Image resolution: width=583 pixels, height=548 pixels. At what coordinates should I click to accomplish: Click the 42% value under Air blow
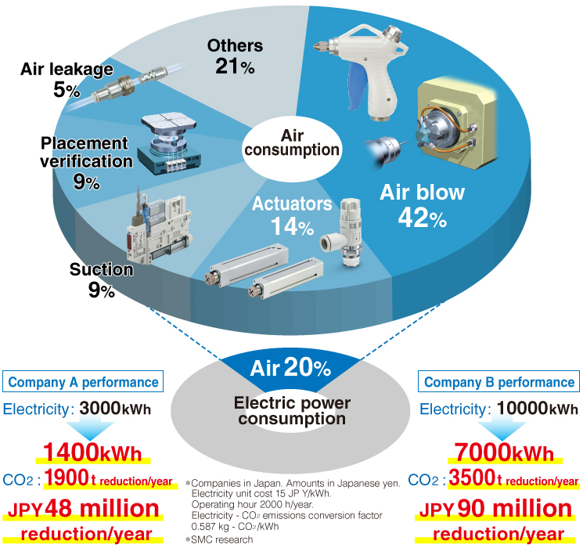click(423, 218)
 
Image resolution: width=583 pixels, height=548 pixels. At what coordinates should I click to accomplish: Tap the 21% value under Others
click(235, 67)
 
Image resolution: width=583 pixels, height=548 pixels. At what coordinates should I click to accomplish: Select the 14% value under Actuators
click(292, 226)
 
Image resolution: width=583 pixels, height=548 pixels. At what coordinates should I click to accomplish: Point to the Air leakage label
click(67, 69)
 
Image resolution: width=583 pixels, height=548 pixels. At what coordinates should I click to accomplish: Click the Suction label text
click(101, 269)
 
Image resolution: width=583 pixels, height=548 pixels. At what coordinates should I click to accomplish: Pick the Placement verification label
click(86, 152)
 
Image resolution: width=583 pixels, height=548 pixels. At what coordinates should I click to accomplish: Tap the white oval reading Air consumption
click(292, 149)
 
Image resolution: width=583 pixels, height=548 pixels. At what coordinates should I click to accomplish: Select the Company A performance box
click(83, 381)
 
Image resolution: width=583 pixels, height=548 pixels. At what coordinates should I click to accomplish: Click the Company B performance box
click(499, 381)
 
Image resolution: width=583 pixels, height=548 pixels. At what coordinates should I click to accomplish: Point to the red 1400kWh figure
click(92, 452)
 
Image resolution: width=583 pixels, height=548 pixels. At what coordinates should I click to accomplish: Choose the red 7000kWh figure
click(505, 452)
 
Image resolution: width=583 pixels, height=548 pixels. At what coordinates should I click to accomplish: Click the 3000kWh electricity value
click(115, 409)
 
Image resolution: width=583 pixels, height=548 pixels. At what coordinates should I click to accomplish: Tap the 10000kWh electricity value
click(538, 409)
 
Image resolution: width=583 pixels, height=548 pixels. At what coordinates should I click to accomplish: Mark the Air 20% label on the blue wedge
click(290, 368)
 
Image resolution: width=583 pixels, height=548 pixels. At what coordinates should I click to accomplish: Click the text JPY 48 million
click(83, 509)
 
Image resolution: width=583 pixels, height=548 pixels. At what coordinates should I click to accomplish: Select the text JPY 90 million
click(495, 509)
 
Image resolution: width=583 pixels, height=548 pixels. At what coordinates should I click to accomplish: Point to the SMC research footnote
click(219, 539)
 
